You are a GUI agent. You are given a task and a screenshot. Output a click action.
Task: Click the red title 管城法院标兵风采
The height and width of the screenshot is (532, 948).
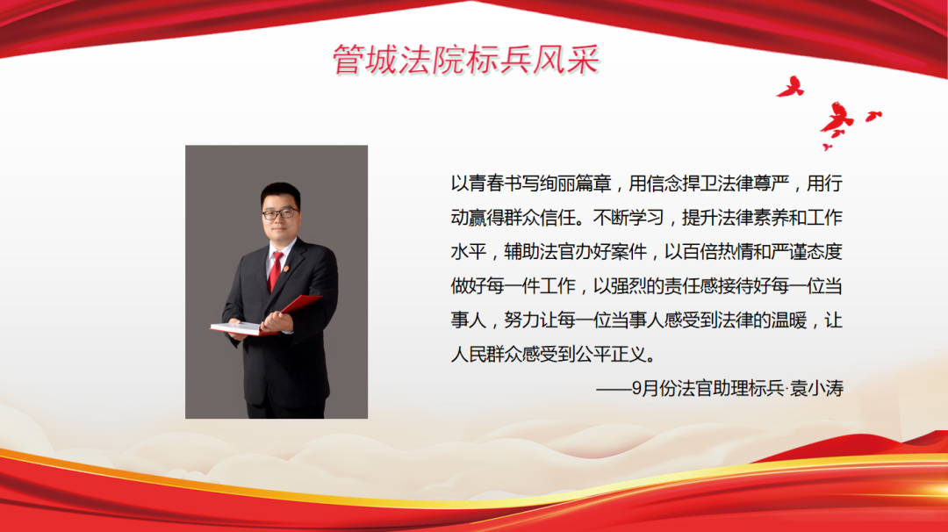click(x=465, y=60)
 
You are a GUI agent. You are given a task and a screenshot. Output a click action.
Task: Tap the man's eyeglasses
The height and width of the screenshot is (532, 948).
click(x=279, y=213)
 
